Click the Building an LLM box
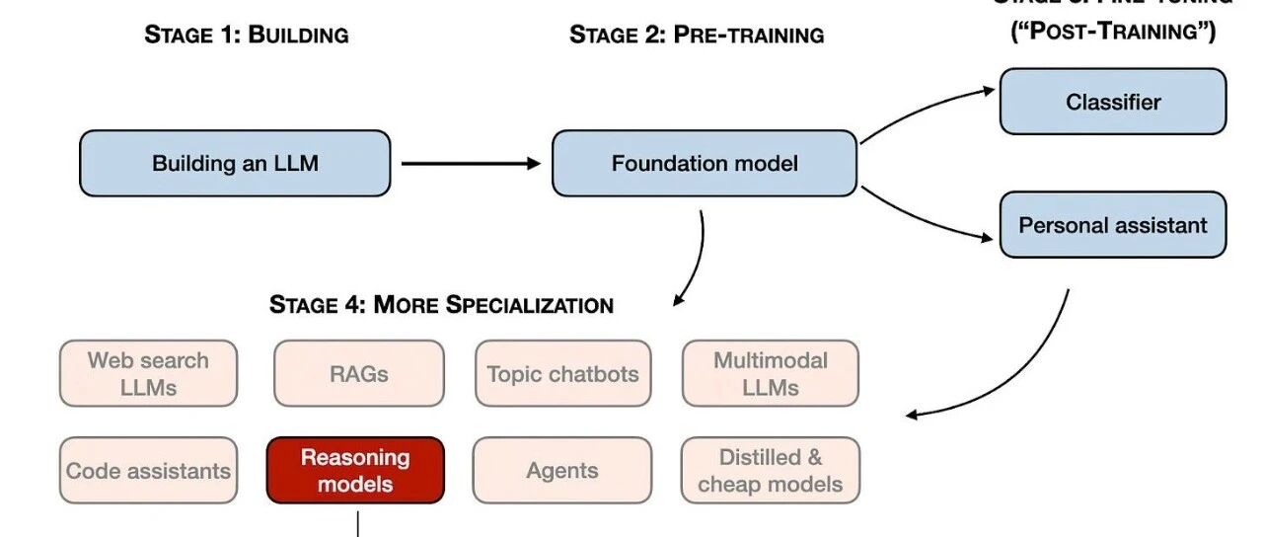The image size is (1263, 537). point(235,163)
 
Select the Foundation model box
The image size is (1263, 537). point(704,163)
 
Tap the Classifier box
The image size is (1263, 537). point(1112,102)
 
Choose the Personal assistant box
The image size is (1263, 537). point(1112,225)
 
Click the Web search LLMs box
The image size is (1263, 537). point(148,373)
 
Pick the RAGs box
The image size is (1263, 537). point(358,373)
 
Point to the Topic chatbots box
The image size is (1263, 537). point(562,373)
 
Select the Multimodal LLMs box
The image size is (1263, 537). point(770,373)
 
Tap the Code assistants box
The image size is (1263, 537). point(148,470)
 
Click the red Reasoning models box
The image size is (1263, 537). point(355,470)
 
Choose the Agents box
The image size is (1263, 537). point(562,470)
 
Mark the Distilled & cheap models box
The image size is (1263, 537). point(770,470)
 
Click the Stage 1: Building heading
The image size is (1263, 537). point(247,35)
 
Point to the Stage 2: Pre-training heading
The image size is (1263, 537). point(697,35)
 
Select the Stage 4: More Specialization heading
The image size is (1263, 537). point(441,304)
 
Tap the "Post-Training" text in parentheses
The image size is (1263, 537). point(1112,32)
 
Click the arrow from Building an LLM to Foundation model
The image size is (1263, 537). point(470,163)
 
